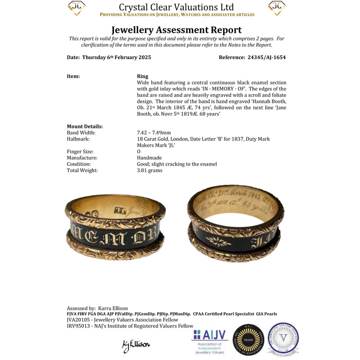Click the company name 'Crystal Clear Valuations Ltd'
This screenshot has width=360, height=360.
176,7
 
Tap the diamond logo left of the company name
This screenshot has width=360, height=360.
76,8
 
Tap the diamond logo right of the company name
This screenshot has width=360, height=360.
277,8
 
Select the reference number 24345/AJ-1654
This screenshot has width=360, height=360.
265,58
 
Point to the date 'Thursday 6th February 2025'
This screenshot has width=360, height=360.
116,58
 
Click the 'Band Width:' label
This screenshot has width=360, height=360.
81,133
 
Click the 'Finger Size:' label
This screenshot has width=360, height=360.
80,151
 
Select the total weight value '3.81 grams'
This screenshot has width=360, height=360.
150,171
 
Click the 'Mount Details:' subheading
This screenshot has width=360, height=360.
85,126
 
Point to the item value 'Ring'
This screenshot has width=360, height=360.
142,76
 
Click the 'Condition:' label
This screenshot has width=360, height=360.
79,164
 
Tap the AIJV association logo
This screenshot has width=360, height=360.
210,341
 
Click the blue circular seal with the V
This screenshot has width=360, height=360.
283,338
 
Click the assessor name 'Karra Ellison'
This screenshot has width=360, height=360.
113,308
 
